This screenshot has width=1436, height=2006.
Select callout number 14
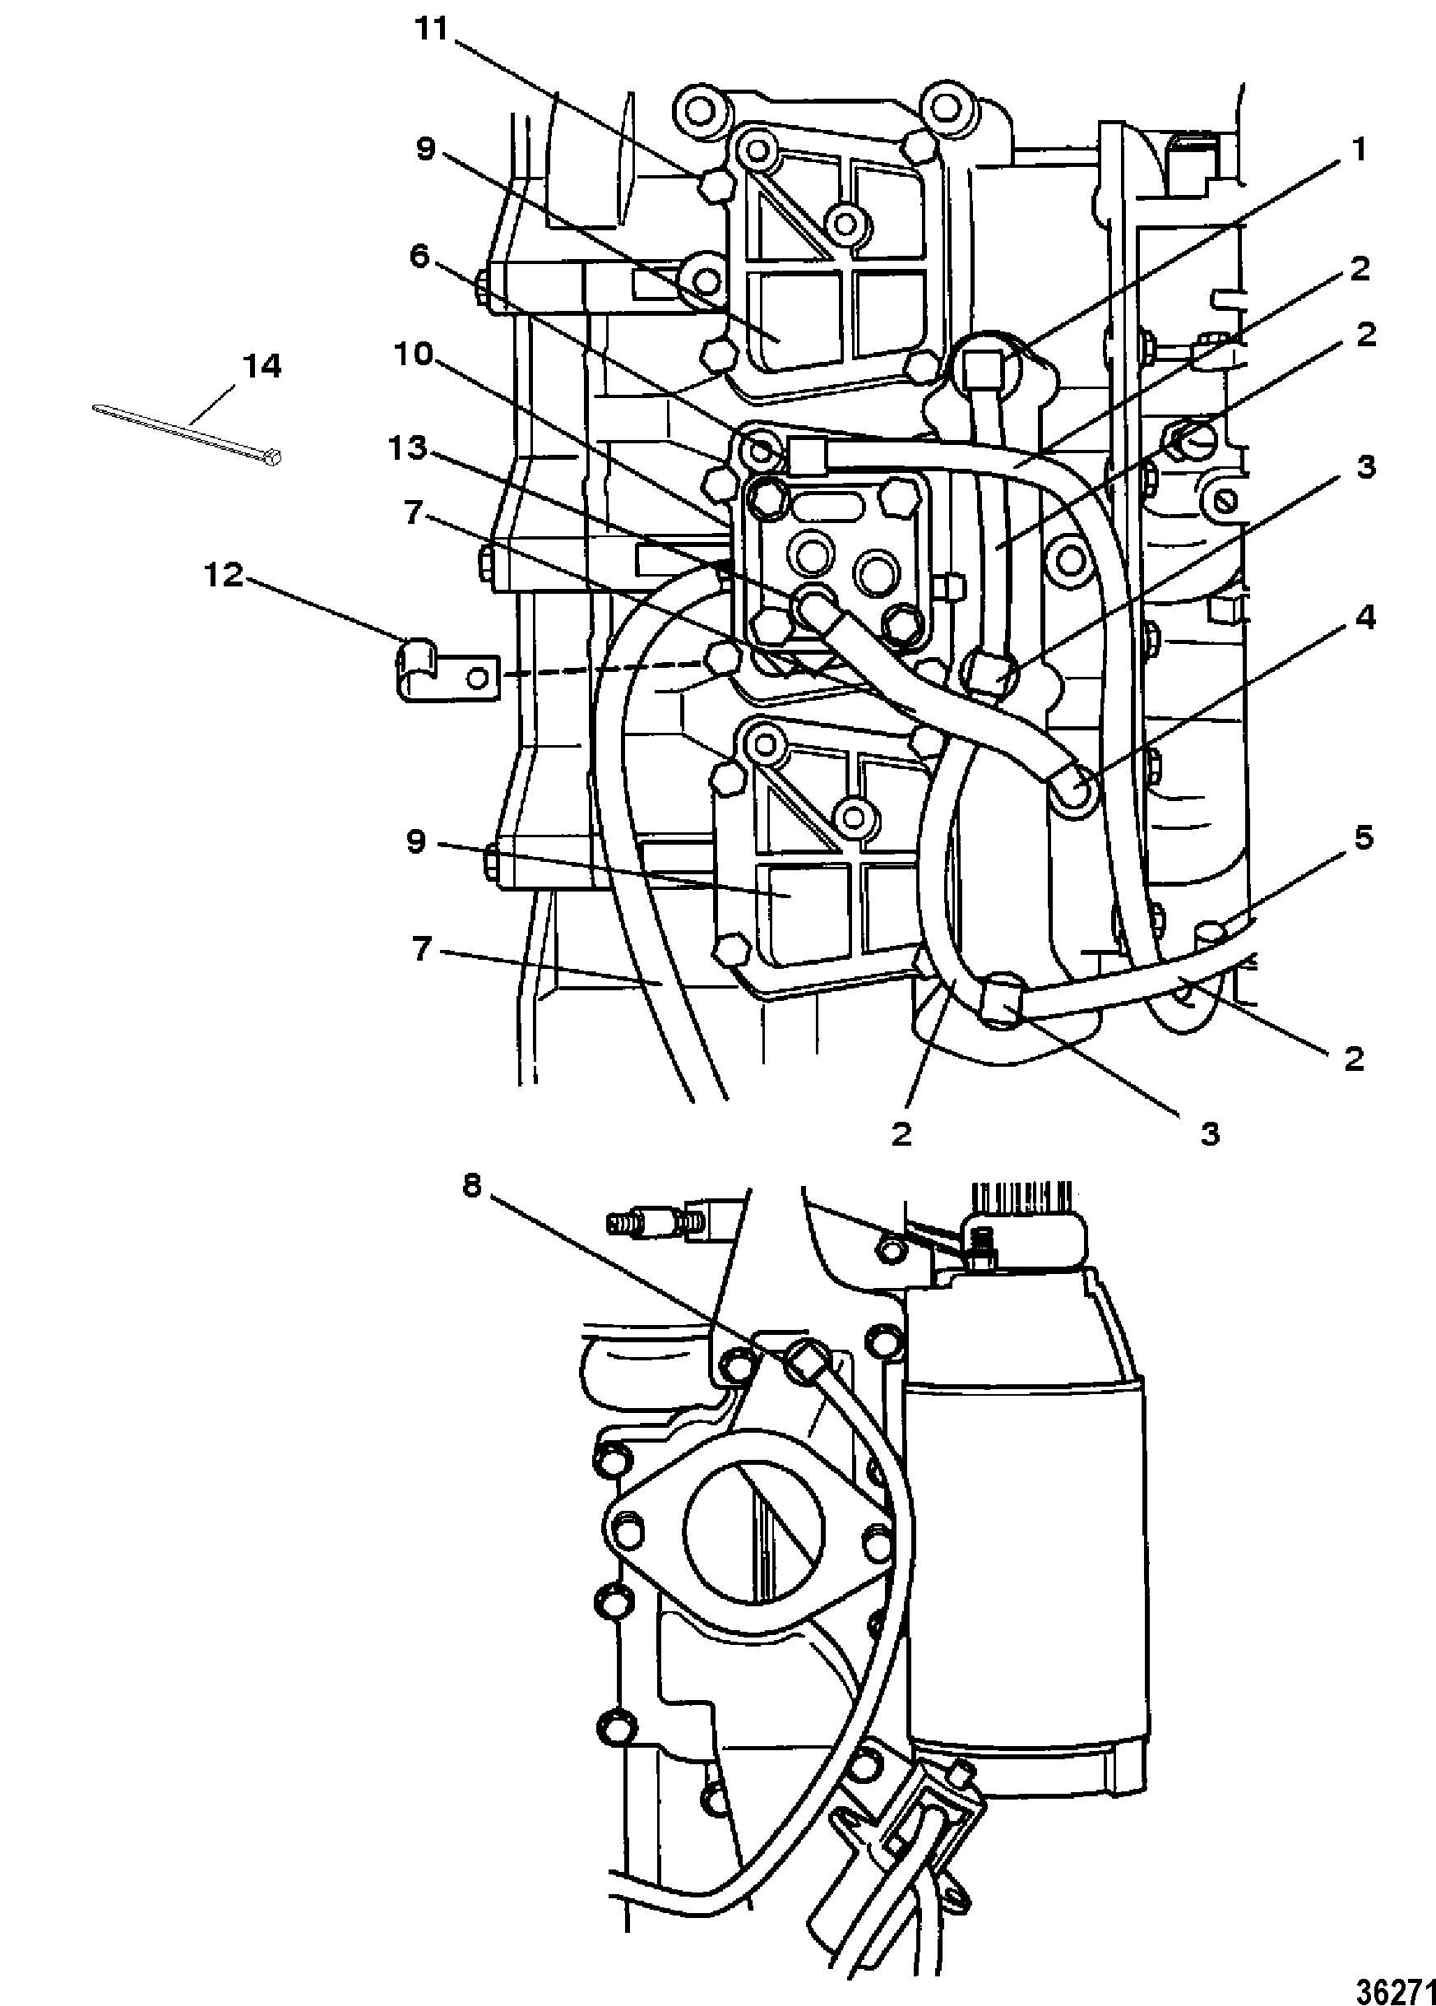(261, 365)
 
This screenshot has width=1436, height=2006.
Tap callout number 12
(224, 576)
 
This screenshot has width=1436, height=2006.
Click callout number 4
(1366, 617)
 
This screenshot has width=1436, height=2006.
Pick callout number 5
(1364, 836)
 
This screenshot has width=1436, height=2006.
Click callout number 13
(409, 449)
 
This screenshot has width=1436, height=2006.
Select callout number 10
(414, 354)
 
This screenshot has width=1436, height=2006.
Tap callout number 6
(419, 257)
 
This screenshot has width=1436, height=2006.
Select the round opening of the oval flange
(753, 1532)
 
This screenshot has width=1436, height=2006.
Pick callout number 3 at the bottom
(1210, 1133)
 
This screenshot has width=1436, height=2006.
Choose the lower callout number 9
(415, 841)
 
